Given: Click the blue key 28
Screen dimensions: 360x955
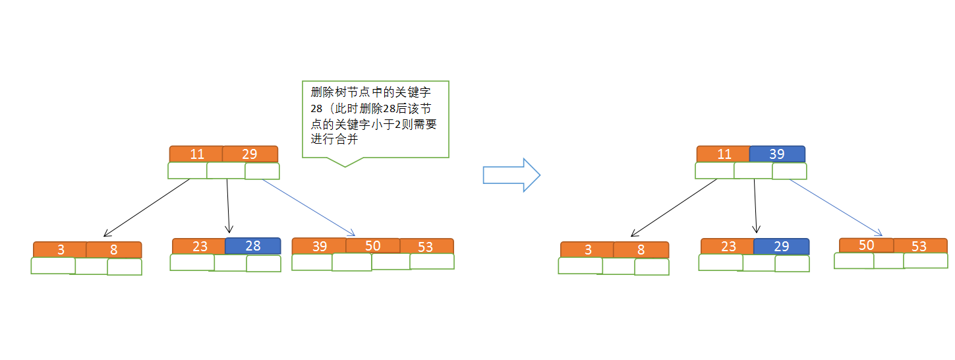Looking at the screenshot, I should [253, 246].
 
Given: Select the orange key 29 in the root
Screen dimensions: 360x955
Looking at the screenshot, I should [250, 154].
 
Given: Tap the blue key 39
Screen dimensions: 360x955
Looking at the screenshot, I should [777, 154].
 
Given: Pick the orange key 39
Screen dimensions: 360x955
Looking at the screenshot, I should [320, 246].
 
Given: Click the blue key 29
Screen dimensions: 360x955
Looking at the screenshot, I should [781, 247].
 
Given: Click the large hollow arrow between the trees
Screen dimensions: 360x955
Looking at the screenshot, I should [511, 175].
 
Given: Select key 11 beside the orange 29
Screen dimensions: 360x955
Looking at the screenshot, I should [196, 154].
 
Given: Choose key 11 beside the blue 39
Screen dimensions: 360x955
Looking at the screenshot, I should [724, 154].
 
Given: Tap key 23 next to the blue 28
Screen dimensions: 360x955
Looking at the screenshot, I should [200, 246].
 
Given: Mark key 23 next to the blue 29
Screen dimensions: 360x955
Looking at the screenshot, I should [728, 247].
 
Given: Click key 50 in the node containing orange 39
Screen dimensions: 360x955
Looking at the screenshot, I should [372, 246].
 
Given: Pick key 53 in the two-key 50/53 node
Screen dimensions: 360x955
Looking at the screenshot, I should [919, 246].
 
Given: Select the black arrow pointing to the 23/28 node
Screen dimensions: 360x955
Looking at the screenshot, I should [228, 206].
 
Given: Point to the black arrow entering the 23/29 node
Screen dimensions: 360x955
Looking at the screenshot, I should [755, 206].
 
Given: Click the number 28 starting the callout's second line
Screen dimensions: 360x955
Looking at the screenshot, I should [317, 109].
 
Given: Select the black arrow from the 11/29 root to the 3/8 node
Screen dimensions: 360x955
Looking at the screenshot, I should [147, 208].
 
